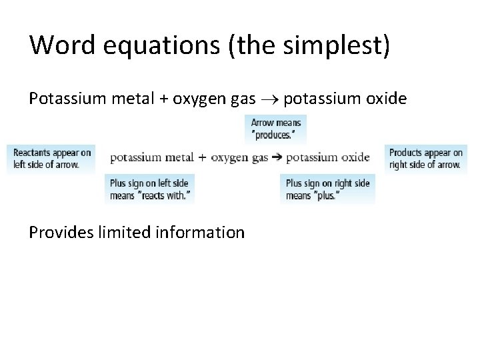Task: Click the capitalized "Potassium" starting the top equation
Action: pos(65,99)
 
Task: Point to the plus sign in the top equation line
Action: pos(163,99)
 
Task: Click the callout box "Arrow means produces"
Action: pos(275,129)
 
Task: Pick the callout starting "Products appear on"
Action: pos(425,159)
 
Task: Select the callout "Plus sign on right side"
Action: pos(327,189)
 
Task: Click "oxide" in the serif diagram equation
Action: pos(354,157)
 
